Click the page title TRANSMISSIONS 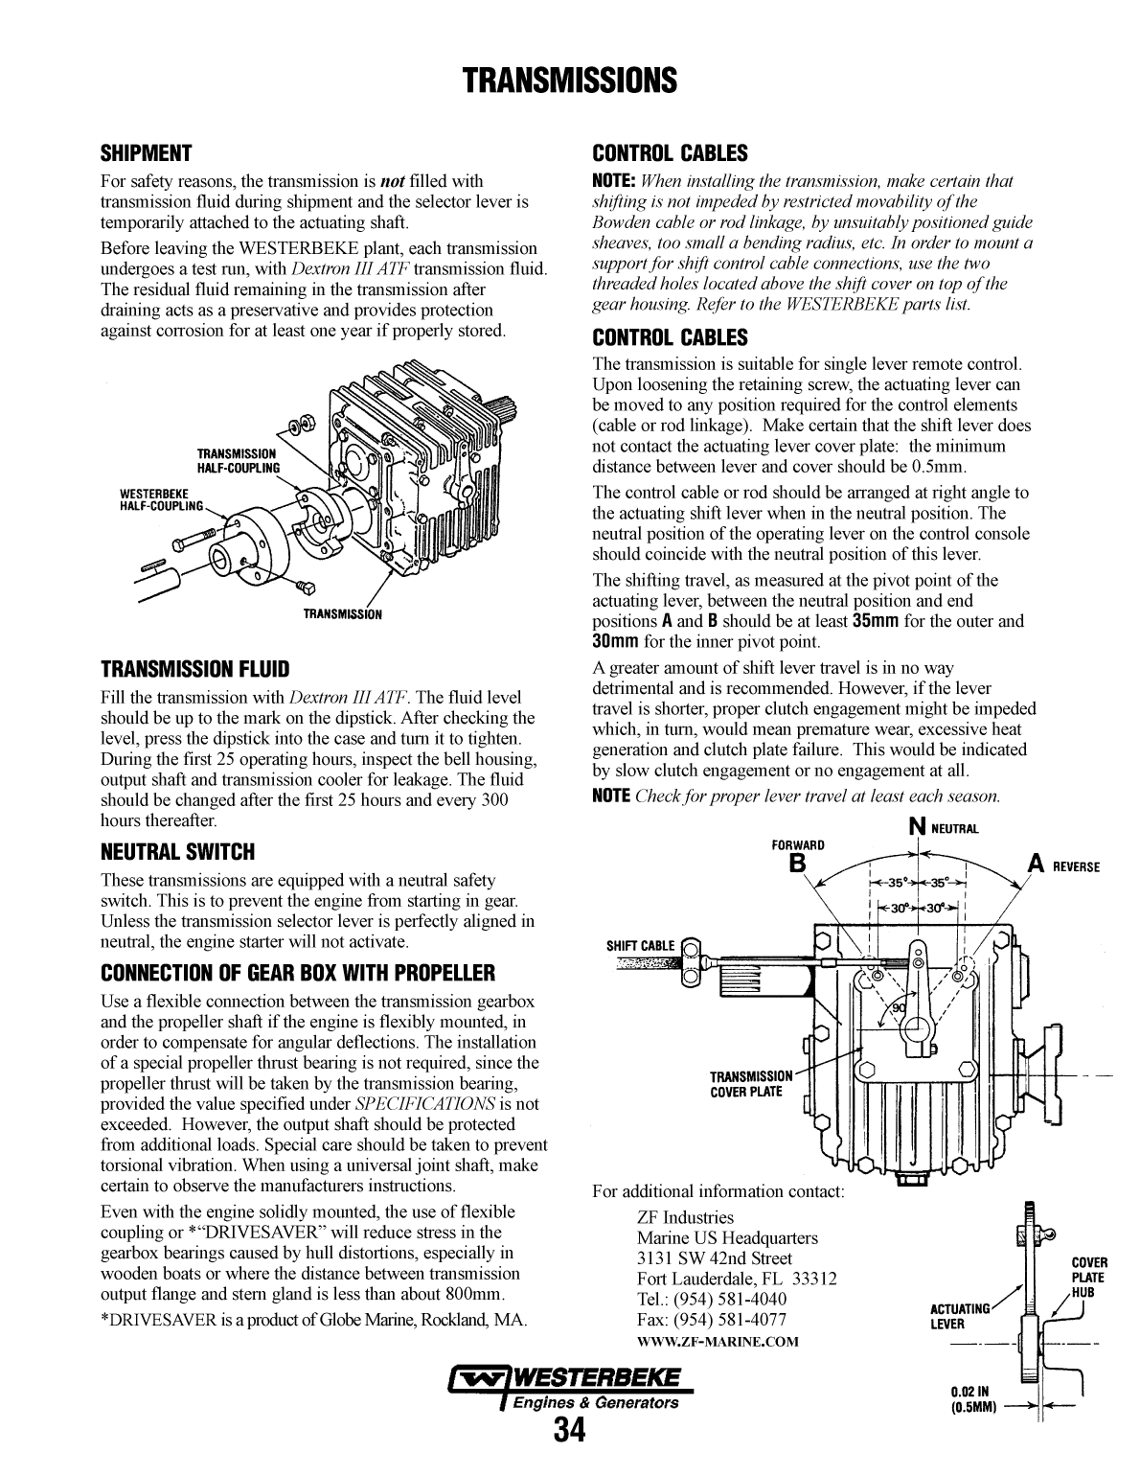[x=570, y=80]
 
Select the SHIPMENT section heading [x=147, y=153]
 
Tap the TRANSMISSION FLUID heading [x=194, y=668]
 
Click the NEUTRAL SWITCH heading [x=177, y=852]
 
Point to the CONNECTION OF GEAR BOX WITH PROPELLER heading [x=298, y=974]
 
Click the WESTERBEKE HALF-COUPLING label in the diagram [x=162, y=499]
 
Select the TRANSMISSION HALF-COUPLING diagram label [x=238, y=460]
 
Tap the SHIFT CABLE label [x=640, y=946]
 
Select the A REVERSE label [x=1063, y=865]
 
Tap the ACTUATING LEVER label [x=960, y=1316]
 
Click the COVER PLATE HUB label [x=1088, y=1277]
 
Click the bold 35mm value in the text [x=875, y=621]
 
